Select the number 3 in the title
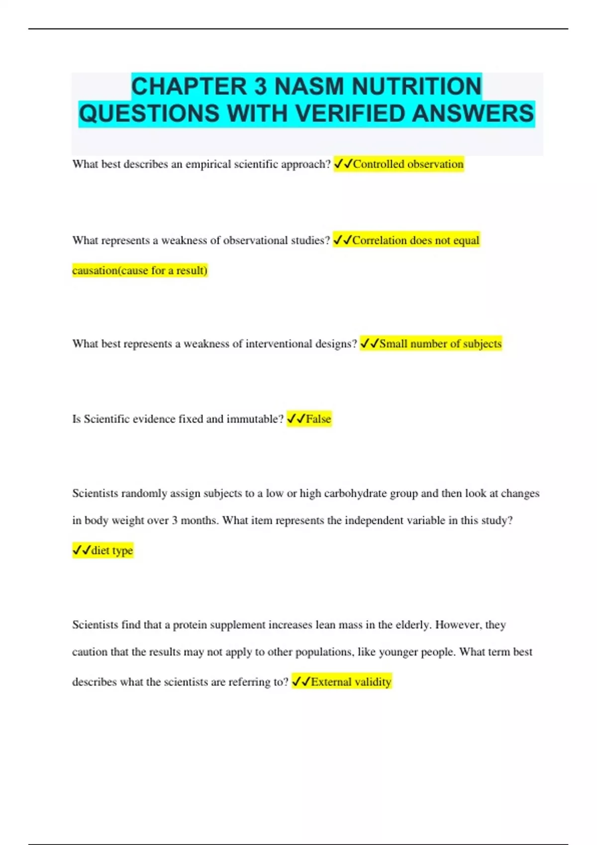(x=260, y=86)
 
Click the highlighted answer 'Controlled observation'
(x=408, y=164)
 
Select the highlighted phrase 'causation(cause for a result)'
(x=140, y=270)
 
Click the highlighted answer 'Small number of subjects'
(x=440, y=343)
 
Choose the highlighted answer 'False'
(x=318, y=419)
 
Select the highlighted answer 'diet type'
(x=112, y=550)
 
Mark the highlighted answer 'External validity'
(x=351, y=681)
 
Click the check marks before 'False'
(x=296, y=419)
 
